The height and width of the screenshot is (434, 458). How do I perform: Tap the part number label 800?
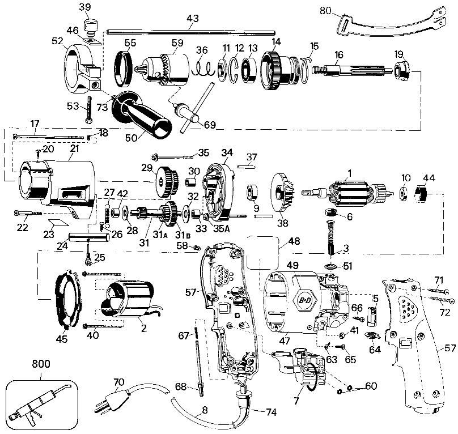click(x=41, y=364)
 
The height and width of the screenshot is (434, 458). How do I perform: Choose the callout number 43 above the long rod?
click(x=193, y=18)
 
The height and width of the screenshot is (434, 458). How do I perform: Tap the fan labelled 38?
click(x=283, y=193)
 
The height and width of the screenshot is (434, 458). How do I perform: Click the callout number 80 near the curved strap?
click(x=325, y=11)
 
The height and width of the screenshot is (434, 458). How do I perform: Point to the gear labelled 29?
click(x=167, y=181)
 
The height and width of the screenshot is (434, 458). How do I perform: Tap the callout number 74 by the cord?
click(x=272, y=412)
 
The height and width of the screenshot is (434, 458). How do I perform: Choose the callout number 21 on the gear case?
click(x=74, y=148)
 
